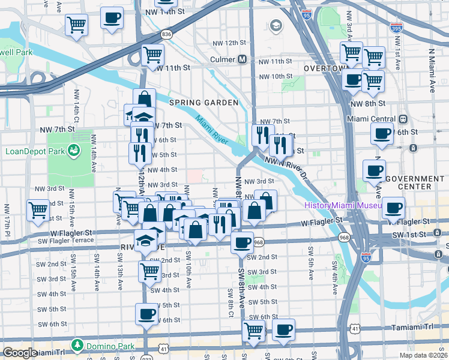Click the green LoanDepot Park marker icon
coord(74,149)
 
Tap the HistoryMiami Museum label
coord(343,205)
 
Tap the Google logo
coord(20,353)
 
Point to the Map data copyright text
coord(423,355)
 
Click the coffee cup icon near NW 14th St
coord(112,19)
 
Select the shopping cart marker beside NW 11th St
coord(152,56)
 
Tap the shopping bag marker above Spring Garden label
coord(144,99)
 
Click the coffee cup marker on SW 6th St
coord(146,314)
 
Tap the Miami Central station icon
coord(403,119)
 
